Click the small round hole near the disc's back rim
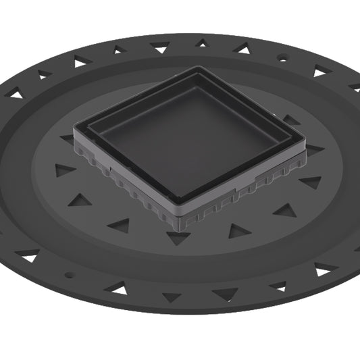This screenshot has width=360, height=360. click(282, 59)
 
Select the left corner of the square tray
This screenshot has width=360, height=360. click(74, 126)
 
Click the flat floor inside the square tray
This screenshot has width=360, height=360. click(189, 138)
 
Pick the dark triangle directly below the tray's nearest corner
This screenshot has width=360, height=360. click(178, 238)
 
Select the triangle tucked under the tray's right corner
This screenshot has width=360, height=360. click(313, 150)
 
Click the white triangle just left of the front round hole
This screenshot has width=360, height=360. click(28, 256)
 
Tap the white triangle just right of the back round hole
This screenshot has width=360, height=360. click(319, 71)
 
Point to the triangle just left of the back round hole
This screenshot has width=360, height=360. click(241, 48)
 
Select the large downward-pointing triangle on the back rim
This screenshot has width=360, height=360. click(160, 48)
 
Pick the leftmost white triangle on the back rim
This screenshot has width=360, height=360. click(15, 95)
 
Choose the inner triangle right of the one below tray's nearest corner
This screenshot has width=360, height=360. click(238, 231)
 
